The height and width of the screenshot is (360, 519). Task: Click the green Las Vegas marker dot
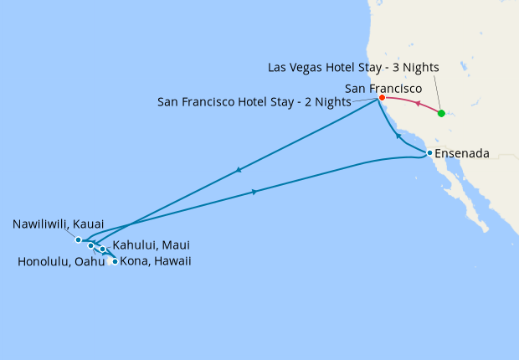pos(441,113)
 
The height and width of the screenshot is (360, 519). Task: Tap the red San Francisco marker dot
pos(382,98)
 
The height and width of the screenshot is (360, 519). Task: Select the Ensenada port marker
pos(429,153)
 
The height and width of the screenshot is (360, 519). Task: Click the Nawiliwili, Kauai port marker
pos(79,239)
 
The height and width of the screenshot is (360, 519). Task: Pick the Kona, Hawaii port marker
pos(115,261)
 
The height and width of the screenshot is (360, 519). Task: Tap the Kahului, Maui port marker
pos(102,249)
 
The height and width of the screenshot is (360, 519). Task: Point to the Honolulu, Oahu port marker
pos(90,245)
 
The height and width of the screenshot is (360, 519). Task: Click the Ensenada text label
pos(462,153)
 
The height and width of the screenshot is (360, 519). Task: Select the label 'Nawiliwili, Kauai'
pos(59,224)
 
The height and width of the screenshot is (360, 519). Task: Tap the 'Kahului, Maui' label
pos(151,245)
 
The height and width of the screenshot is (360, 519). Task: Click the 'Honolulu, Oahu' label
pos(61,261)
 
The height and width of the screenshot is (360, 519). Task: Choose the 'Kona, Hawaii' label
pos(156,261)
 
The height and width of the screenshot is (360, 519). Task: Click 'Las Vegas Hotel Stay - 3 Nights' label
pos(353,67)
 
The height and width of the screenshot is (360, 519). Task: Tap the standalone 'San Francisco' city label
pos(383,86)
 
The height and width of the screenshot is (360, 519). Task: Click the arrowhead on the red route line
pos(417,105)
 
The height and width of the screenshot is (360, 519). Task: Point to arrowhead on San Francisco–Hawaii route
pos(239,170)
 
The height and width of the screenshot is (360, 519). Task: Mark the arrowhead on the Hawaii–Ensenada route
pos(254,193)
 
